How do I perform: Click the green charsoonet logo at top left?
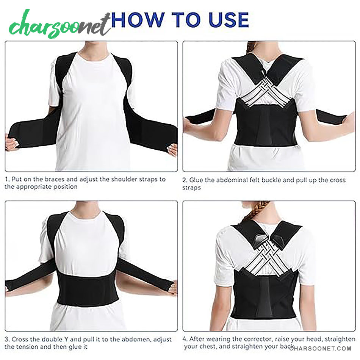pyautogui.click(x=60, y=25)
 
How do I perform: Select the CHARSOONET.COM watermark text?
pyautogui.click(x=320, y=349)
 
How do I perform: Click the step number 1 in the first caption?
pyautogui.click(x=7, y=179)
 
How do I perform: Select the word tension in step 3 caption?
pyautogui.click(x=26, y=347)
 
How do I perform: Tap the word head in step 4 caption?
pyautogui.click(x=315, y=339)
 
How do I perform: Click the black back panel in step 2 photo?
pyautogui.click(x=266, y=124)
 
